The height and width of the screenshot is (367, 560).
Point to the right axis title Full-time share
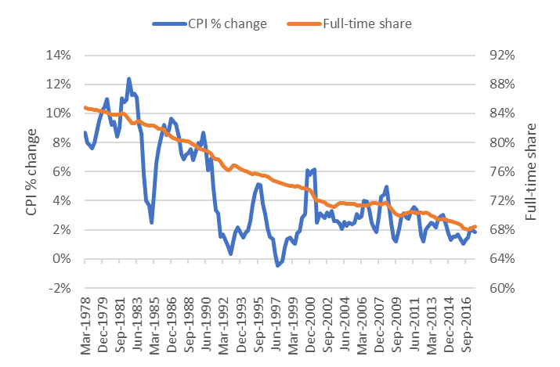point(533,171)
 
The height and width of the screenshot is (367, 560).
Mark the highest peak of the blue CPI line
point(128,78)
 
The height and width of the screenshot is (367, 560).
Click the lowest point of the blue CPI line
point(276,266)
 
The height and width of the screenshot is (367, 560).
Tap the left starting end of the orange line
point(84,107)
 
